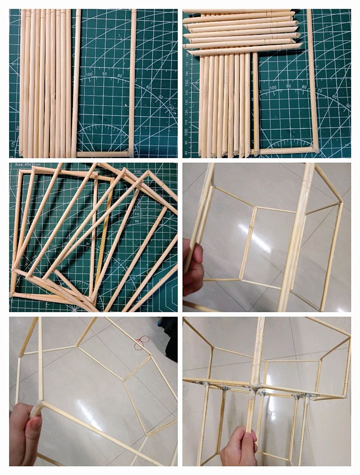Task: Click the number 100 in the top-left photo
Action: click(x=89, y=75)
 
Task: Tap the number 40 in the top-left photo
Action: click(x=171, y=108)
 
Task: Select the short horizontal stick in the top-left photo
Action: click(x=103, y=154)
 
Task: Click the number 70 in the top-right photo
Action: click(x=320, y=91)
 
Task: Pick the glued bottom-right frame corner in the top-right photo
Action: click(x=315, y=150)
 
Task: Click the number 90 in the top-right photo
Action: click(x=289, y=86)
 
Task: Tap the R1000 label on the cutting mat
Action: click(x=138, y=171)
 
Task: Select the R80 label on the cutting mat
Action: click(x=137, y=221)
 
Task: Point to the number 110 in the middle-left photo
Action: click(x=55, y=246)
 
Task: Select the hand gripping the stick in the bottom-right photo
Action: click(x=240, y=447)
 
